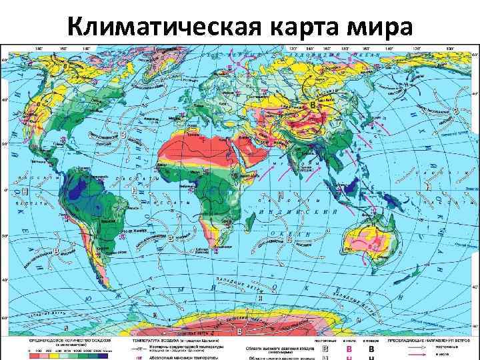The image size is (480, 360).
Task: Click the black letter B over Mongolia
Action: (x=315, y=105)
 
